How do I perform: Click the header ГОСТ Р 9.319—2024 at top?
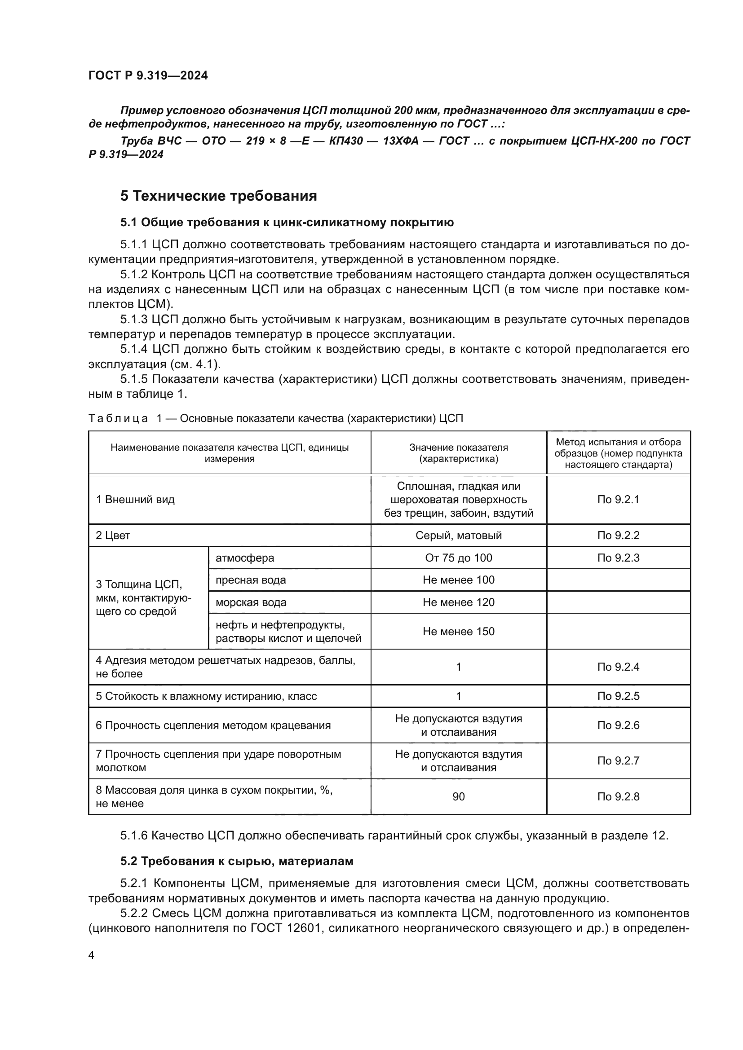click(x=148, y=75)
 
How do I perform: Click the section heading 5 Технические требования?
click(x=218, y=196)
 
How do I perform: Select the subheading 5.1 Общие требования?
click(x=287, y=223)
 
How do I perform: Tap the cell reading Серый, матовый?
click(x=459, y=536)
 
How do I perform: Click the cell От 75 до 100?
click(x=459, y=558)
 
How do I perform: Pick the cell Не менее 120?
click(x=459, y=602)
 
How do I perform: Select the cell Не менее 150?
click(x=459, y=632)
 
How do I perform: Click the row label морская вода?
click(x=251, y=602)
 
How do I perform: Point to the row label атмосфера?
click(x=245, y=558)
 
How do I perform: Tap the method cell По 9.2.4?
click(x=618, y=667)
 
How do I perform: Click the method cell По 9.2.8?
click(x=618, y=797)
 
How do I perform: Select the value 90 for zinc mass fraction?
click(x=459, y=797)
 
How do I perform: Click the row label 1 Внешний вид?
click(x=135, y=499)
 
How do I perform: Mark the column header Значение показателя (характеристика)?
click(x=459, y=453)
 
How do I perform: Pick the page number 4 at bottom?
click(x=91, y=955)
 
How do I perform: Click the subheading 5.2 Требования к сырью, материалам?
click(x=237, y=861)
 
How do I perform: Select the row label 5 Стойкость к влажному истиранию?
click(x=206, y=696)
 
